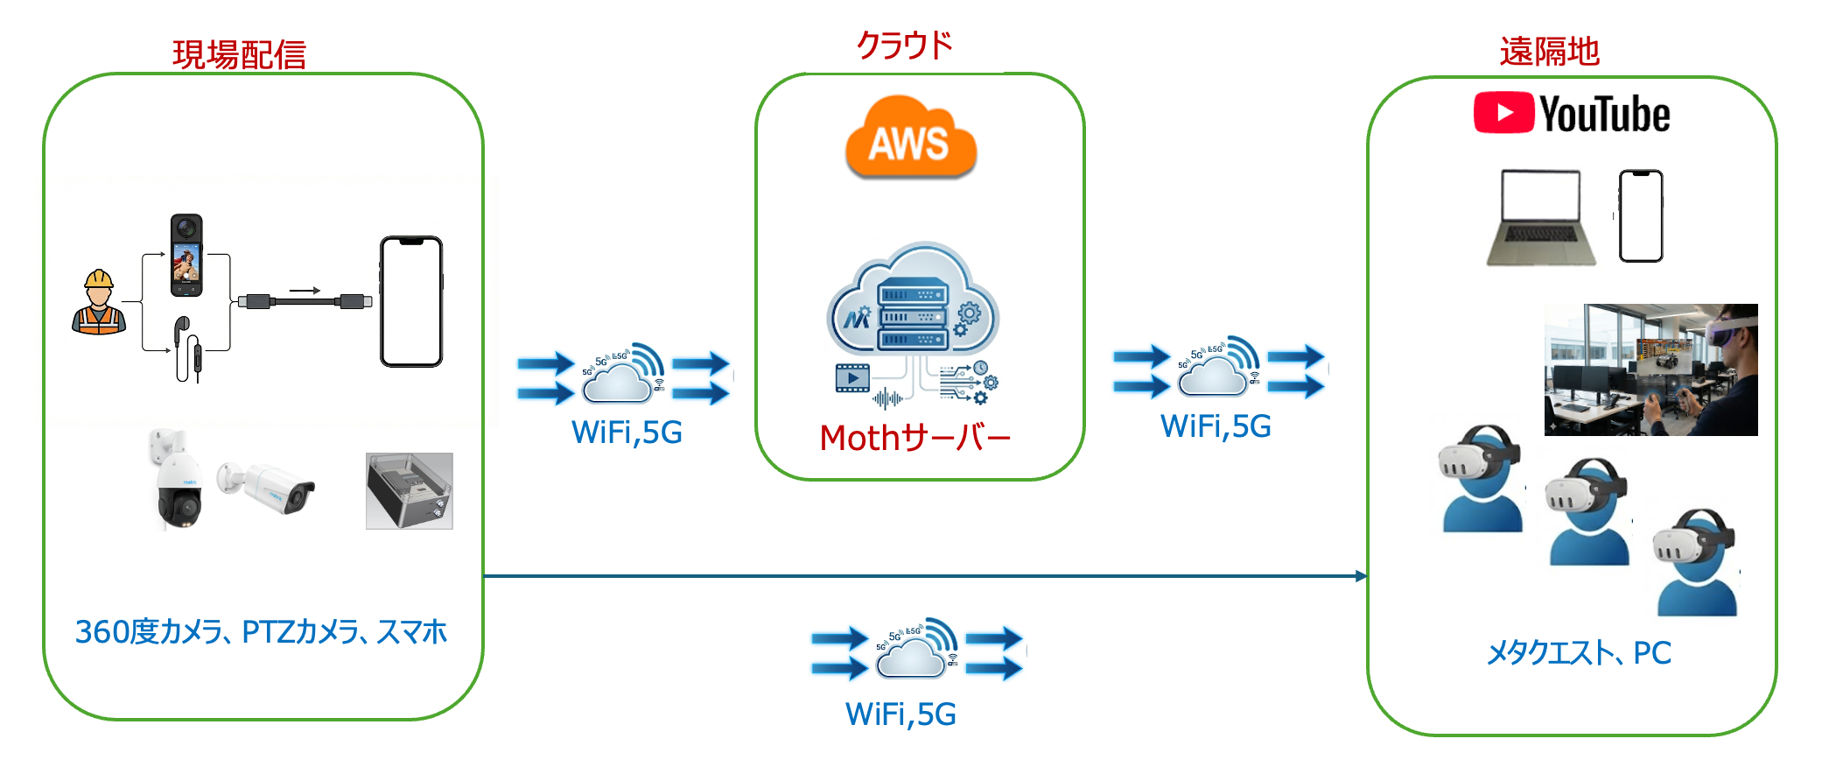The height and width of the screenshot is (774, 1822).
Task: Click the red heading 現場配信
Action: (x=239, y=54)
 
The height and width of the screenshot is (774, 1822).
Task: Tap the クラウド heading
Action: (x=904, y=46)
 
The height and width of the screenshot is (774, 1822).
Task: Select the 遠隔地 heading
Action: (x=1549, y=52)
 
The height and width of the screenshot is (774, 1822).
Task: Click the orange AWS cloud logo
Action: (x=910, y=140)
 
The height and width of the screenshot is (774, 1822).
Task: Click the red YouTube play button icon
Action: (x=1503, y=113)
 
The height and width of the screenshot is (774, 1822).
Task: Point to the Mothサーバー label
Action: (x=915, y=438)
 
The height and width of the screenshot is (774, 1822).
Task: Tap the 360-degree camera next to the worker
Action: (x=186, y=255)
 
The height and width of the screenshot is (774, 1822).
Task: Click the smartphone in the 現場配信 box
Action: (x=411, y=301)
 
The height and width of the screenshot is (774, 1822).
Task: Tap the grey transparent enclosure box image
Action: (x=409, y=491)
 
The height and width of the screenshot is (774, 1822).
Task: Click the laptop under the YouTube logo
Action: (x=1540, y=218)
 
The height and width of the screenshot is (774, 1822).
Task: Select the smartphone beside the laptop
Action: (x=1640, y=216)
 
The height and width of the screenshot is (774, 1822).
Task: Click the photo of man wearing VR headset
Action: (x=1650, y=369)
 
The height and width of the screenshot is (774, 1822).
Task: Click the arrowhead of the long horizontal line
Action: (x=1361, y=576)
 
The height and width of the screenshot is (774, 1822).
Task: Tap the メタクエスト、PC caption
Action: (x=1579, y=653)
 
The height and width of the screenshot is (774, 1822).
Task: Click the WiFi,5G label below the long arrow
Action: (x=900, y=714)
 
